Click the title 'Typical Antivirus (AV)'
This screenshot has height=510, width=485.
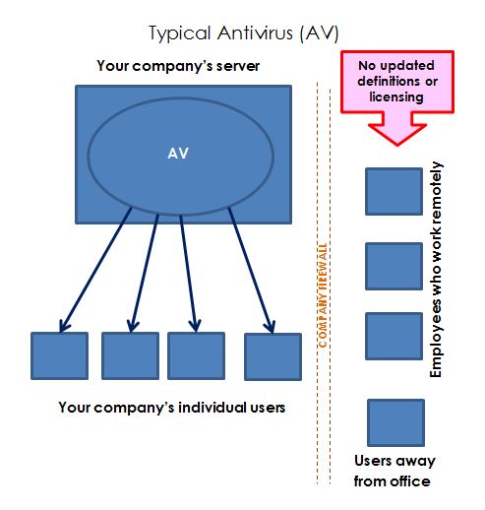click(244, 33)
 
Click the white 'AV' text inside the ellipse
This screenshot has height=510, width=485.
click(178, 154)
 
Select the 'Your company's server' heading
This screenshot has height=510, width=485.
click(178, 66)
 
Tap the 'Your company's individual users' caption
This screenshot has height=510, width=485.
click(172, 408)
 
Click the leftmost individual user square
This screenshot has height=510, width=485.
click(59, 355)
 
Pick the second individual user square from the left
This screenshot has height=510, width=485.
click(130, 355)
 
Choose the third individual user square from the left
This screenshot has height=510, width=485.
click(196, 355)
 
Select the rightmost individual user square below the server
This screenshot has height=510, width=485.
click(273, 356)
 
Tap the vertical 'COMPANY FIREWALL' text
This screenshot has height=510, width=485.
click(323, 295)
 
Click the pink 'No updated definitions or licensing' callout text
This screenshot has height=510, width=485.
click(397, 81)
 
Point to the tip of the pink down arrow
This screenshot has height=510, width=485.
click(397, 145)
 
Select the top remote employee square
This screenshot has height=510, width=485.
click(394, 191)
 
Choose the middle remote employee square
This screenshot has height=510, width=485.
click(394, 266)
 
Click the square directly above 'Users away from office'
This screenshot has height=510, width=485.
click(395, 422)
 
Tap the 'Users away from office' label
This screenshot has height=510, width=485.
click(394, 471)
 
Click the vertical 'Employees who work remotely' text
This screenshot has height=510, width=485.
click(436, 269)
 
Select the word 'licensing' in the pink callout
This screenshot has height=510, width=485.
click(396, 97)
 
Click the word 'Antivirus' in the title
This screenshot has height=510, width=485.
click(255, 33)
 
